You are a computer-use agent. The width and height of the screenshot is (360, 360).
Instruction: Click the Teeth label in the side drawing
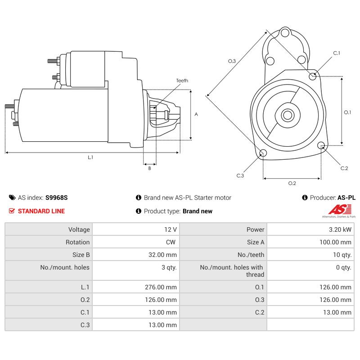point(182,81)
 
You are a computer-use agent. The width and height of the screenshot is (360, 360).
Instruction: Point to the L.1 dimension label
point(90,157)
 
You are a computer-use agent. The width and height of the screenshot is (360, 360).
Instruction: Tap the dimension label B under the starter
point(150,168)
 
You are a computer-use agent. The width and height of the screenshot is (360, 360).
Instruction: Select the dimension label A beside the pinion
point(196,114)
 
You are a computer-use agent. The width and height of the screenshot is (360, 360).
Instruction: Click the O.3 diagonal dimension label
point(232,61)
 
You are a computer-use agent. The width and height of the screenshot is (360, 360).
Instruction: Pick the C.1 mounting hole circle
point(313,76)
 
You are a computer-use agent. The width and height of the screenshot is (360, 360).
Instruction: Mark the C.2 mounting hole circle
point(321,145)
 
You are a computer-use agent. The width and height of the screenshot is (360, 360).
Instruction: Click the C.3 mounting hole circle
point(263,153)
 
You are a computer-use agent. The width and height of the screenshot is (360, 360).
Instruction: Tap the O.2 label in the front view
point(292,183)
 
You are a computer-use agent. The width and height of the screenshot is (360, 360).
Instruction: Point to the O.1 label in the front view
point(347,112)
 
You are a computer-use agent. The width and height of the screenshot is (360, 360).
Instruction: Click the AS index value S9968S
point(56,198)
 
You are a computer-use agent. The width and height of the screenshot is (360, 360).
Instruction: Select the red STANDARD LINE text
point(41,211)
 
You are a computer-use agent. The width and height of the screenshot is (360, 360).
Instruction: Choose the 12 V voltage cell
point(171,229)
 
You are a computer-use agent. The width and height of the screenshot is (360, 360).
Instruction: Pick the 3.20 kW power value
point(340,229)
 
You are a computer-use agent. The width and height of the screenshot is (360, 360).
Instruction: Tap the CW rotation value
point(171,242)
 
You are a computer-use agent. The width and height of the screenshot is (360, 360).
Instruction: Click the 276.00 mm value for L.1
point(162,287)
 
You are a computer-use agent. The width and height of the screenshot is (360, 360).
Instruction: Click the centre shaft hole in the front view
point(288,115)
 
